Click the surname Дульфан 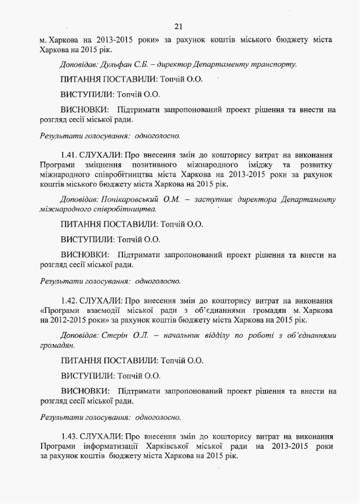tap(115, 64)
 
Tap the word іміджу tap(265, 166)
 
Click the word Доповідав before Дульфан tap(79, 64)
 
